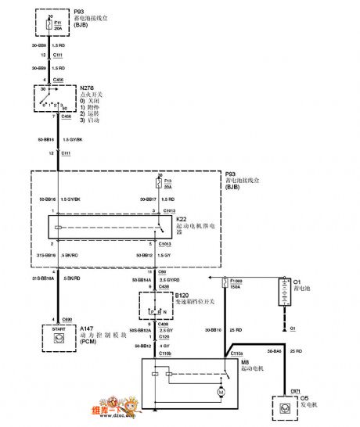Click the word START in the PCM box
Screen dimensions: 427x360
(x=48, y=330)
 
